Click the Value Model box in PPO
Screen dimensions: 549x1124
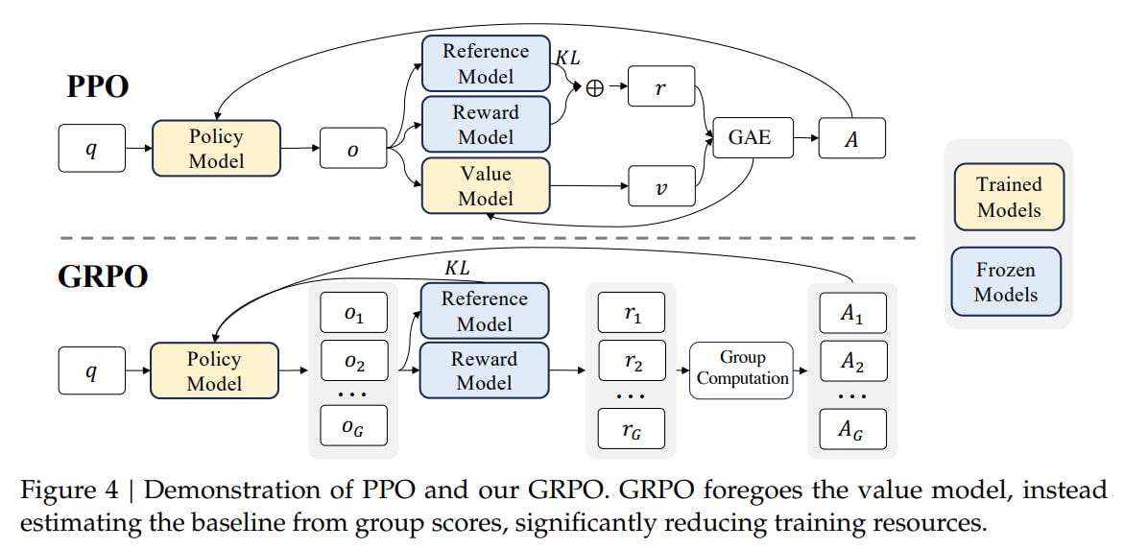485,186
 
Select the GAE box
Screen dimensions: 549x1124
749,138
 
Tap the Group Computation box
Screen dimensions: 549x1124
742,368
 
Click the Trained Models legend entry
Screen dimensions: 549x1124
1008,197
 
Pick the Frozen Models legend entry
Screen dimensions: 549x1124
1008,281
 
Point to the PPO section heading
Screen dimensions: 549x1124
97,87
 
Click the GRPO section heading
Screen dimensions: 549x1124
103,276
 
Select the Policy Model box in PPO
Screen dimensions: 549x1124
216,148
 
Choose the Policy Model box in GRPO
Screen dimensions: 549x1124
215,371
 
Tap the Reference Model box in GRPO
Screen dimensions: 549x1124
485,310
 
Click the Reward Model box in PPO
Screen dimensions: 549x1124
485,125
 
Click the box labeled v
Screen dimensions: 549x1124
660,185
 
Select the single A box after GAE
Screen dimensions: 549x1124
851,138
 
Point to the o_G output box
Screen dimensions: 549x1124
352,426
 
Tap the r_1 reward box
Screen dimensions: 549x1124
633,313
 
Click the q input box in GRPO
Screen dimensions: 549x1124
91,371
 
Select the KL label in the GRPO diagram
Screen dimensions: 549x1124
458,268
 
